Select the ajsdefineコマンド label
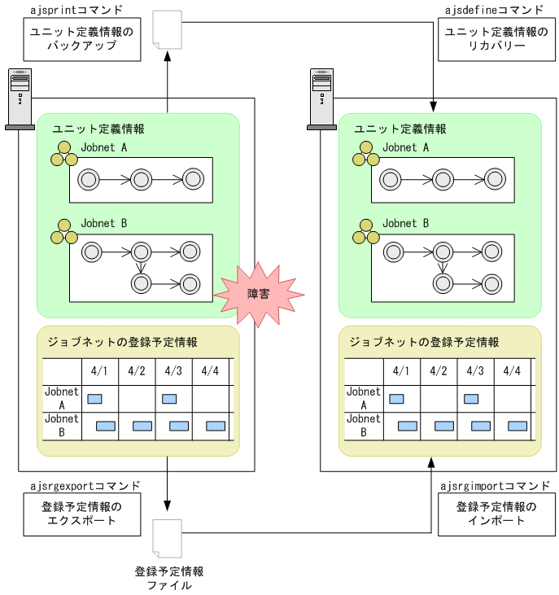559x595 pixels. click(494, 11)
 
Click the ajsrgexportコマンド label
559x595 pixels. click(85, 486)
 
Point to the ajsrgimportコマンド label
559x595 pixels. click(495, 486)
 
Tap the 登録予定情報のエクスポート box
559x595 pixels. click(81, 514)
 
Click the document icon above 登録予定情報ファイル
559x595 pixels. click(168, 537)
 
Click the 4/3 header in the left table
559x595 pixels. click(173, 371)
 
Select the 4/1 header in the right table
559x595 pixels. click(400, 371)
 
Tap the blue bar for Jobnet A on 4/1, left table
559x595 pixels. click(94, 399)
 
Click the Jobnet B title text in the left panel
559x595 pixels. click(103, 223)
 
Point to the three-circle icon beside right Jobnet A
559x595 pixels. click(365, 154)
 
